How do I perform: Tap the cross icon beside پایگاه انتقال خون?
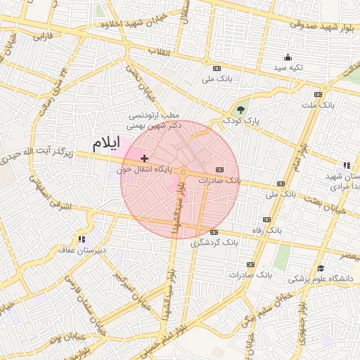145,159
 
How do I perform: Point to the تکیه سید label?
287,67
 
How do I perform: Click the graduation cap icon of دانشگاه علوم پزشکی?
321,269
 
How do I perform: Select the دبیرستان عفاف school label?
83,249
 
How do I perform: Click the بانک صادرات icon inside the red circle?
220,170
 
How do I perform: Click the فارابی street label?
44,35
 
